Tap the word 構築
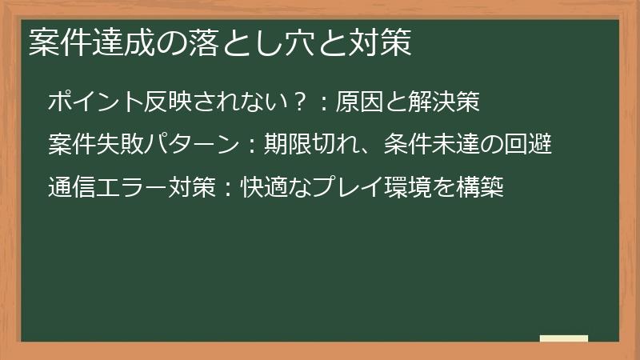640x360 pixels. click(x=479, y=188)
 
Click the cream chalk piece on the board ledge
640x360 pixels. click(x=564, y=338)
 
